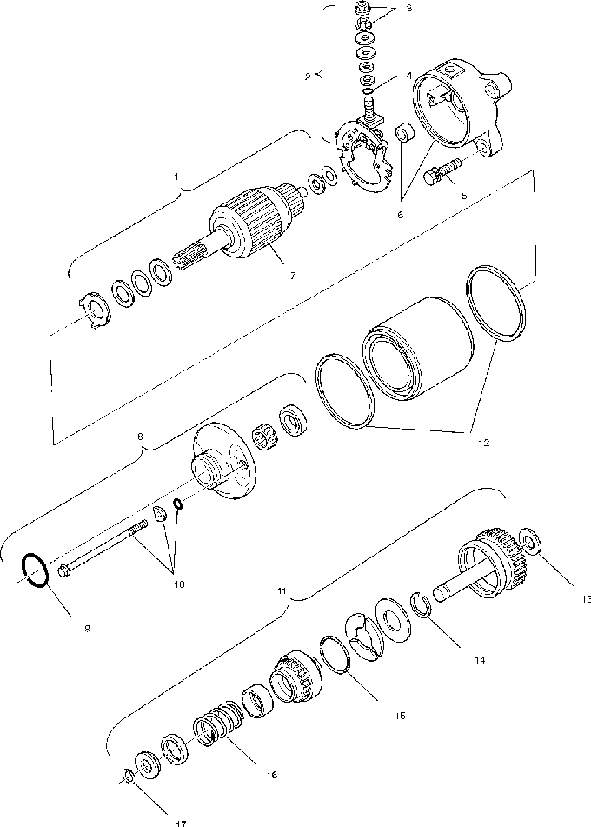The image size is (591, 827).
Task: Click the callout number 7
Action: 292,276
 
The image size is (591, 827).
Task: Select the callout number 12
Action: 483,443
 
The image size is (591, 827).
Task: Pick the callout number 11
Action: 281,590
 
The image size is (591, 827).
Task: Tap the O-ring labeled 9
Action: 33,571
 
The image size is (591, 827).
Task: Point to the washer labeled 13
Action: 528,542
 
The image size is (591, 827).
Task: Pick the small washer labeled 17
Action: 127,775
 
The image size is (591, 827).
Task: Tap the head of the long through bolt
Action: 67,570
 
